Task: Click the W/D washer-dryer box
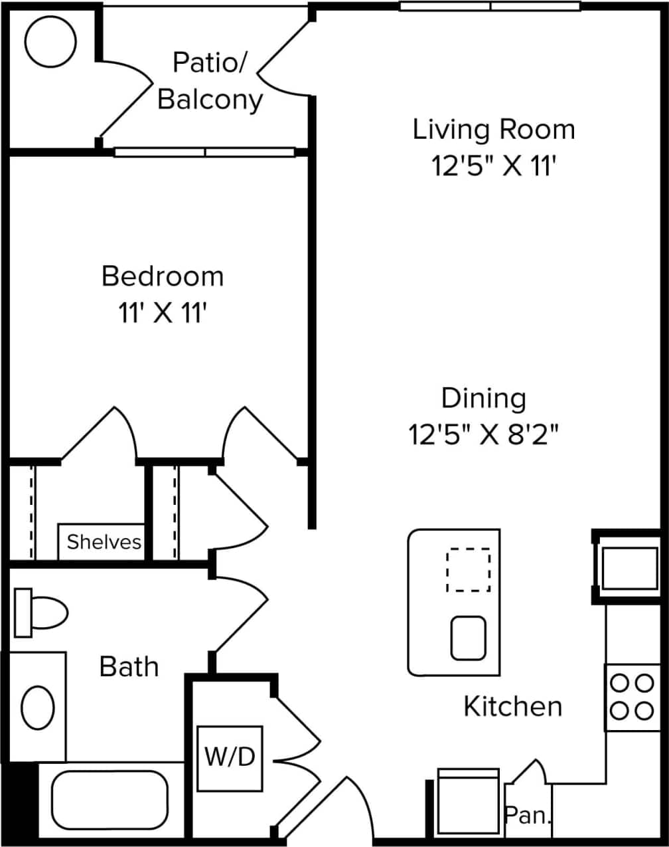230,758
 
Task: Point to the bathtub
110,800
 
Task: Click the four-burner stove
631,697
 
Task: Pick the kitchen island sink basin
469,638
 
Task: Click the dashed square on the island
469,569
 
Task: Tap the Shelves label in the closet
104,542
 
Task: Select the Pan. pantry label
528,815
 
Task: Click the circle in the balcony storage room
50,41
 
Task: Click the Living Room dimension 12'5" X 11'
493,166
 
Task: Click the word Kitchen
512,706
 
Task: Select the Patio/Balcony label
210,81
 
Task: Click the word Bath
129,666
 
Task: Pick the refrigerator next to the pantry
468,802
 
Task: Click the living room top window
490,6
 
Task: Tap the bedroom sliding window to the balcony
204,152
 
